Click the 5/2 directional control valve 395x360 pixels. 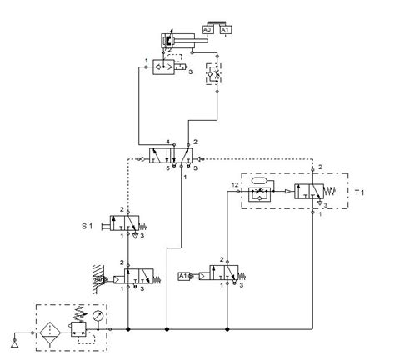171,156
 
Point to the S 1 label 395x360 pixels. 88,225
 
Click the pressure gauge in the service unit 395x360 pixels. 98,317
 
